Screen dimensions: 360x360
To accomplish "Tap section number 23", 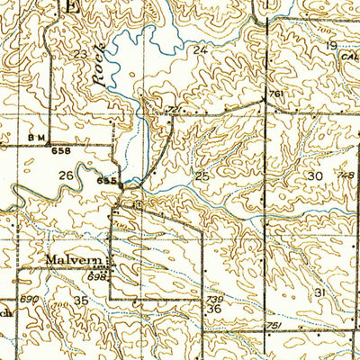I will (82, 56).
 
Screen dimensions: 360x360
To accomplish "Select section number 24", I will (200, 51).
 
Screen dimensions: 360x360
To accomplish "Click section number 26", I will (66, 175).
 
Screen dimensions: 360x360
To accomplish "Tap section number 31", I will (319, 293).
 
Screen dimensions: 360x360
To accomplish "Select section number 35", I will (81, 301).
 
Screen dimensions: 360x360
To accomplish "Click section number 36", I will (214, 309).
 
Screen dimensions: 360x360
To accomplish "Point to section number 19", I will (331, 45).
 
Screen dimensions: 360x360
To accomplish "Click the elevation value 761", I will (276, 93).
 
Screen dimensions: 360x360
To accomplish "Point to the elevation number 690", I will (31, 296).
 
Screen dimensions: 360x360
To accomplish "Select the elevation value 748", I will (344, 174).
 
